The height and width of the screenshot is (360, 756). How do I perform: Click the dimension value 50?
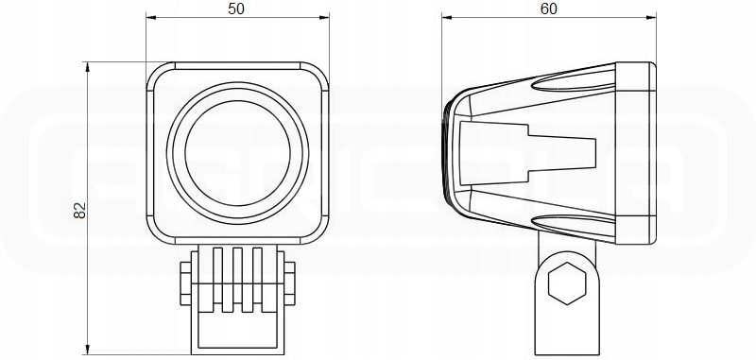pos(236,9)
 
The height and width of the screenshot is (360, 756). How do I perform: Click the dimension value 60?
pos(548,9)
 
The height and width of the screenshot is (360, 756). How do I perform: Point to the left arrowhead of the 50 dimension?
pos(149,18)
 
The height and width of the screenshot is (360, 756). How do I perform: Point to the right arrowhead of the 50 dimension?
pos(326,18)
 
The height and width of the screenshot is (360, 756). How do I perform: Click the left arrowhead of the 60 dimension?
pos(447,18)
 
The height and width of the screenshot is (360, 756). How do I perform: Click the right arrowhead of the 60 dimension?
pos(652,18)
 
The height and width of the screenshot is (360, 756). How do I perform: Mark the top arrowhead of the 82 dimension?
pos(87,66)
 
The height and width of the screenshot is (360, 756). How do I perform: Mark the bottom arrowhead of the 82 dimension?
pos(87,342)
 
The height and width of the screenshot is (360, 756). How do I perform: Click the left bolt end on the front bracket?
pos(181,283)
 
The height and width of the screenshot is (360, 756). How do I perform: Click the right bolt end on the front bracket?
pos(291,283)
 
